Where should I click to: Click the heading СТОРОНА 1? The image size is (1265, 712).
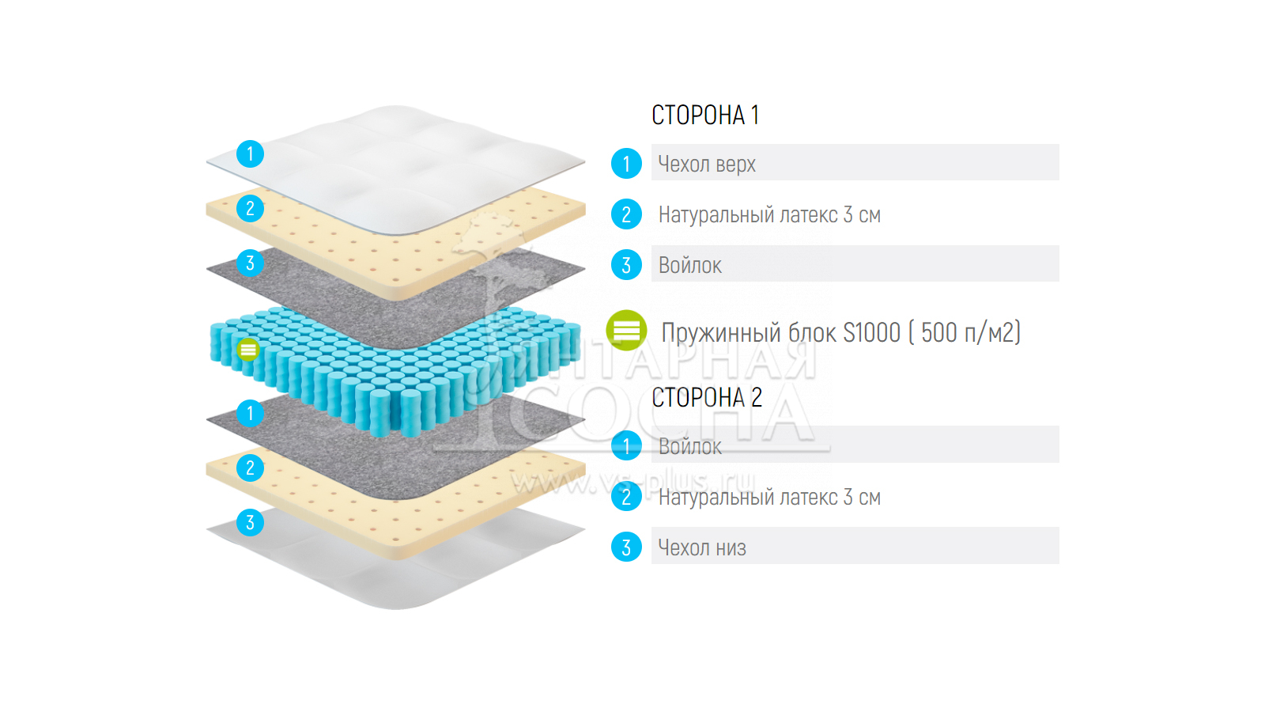tap(704, 116)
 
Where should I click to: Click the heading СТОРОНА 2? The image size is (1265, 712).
tap(706, 397)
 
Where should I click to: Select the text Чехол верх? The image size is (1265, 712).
tap(707, 164)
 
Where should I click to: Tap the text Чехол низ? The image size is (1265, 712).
tap(702, 547)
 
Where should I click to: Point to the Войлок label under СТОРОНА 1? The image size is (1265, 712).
tap(689, 265)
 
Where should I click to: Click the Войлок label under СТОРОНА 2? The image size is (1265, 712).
tap(689, 446)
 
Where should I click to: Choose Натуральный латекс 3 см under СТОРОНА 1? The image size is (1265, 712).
tap(769, 214)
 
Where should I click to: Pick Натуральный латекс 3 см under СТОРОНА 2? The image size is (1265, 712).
tap(769, 497)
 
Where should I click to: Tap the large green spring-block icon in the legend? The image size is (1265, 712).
tap(626, 331)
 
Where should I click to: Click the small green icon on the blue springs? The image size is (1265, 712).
tap(248, 349)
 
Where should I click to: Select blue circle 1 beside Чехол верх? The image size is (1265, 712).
tap(626, 164)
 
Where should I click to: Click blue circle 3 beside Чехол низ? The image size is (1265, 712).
tap(626, 547)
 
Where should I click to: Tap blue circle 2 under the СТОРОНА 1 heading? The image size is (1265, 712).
tap(626, 214)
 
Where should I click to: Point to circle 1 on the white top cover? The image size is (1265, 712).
tap(250, 153)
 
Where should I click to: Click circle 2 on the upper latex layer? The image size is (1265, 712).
tap(250, 208)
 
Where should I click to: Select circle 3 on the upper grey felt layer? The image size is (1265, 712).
tap(250, 263)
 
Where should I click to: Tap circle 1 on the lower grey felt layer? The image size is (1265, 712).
tap(250, 413)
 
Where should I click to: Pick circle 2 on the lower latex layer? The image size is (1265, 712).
tap(250, 468)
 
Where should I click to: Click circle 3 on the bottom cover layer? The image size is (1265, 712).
tap(250, 522)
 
